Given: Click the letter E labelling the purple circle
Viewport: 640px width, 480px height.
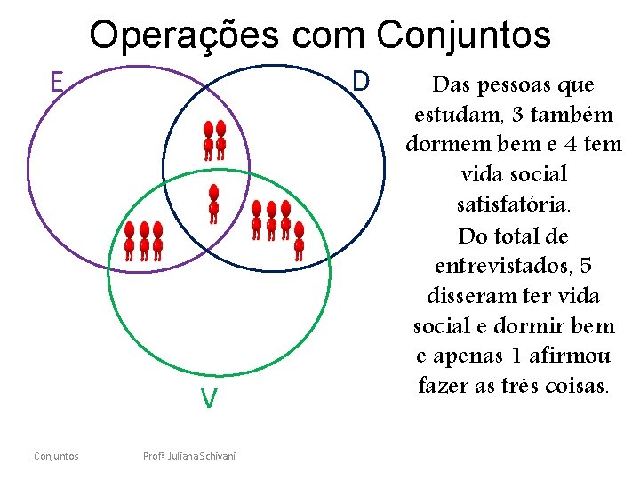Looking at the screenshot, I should (56, 83).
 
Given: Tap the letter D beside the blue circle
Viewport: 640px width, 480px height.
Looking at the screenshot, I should (360, 81).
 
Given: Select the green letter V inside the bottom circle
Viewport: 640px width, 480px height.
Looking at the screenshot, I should (208, 399).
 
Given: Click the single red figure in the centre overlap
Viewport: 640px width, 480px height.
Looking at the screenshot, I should (213, 204).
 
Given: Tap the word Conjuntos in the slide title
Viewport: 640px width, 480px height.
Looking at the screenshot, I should (463, 36).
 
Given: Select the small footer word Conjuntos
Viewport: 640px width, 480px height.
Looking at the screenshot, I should (56, 456).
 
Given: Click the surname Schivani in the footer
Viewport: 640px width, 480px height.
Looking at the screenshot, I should (216, 456).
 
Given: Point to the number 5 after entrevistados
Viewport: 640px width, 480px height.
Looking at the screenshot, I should (583, 266).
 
